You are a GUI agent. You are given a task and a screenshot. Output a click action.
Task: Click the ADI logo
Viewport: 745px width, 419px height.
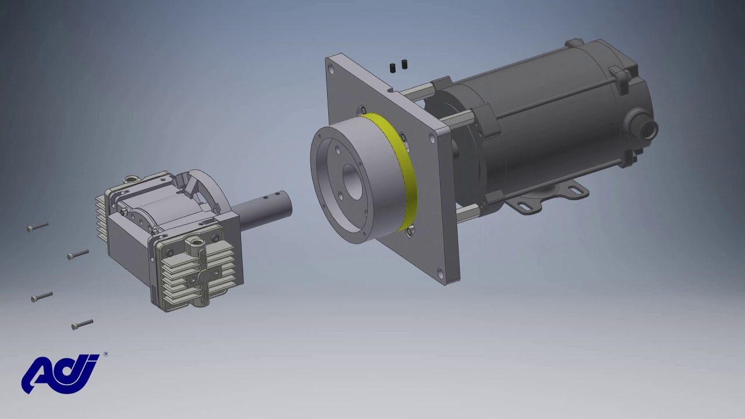pos(60,374)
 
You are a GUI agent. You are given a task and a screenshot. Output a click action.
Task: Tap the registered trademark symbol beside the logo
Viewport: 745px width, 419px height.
pos(105,354)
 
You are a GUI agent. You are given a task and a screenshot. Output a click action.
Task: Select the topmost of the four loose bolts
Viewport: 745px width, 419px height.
pos(38,227)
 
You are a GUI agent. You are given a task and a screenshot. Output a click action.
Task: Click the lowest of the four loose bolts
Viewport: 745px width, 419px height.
pos(82,324)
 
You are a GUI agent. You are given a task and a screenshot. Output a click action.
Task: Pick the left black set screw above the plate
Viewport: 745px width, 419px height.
pos(393,68)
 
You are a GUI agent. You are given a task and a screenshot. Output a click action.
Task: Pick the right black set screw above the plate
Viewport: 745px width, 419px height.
pos(405,64)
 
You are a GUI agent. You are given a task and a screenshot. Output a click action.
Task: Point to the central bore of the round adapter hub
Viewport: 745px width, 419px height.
pos(352,182)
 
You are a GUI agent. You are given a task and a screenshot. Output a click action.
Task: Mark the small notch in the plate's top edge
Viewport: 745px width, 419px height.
pos(389,90)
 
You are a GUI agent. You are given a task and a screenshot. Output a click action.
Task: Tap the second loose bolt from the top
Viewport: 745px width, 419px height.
pos(77,254)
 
